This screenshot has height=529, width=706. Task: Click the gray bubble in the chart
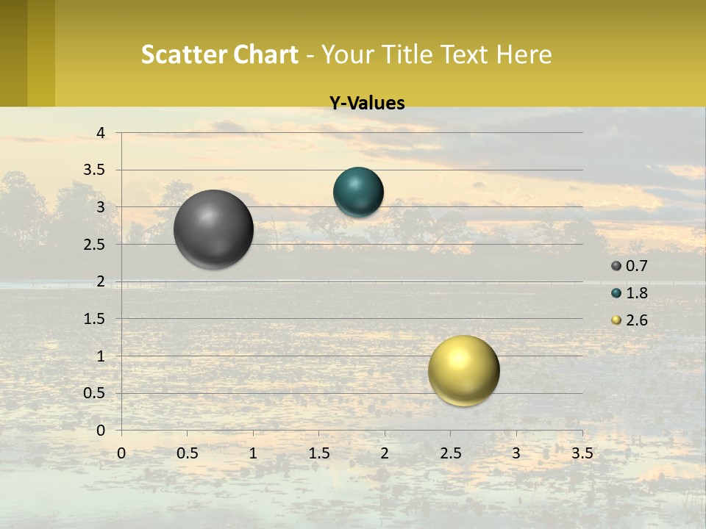[214, 229]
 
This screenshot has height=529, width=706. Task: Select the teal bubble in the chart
[358, 192]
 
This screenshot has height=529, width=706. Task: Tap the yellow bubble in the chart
[463, 370]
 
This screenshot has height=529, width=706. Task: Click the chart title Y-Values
[366, 104]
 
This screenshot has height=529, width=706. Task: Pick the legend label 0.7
[636, 266]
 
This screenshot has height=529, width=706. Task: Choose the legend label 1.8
[636, 293]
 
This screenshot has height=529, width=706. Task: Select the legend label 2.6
[636, 320]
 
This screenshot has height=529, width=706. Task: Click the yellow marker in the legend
[616, 320]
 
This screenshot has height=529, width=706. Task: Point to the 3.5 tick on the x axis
[582, 453]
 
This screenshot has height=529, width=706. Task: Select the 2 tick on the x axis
[385, 453]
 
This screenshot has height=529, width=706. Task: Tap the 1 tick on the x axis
[253, 453]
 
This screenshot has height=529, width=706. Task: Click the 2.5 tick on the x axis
[450, 453]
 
